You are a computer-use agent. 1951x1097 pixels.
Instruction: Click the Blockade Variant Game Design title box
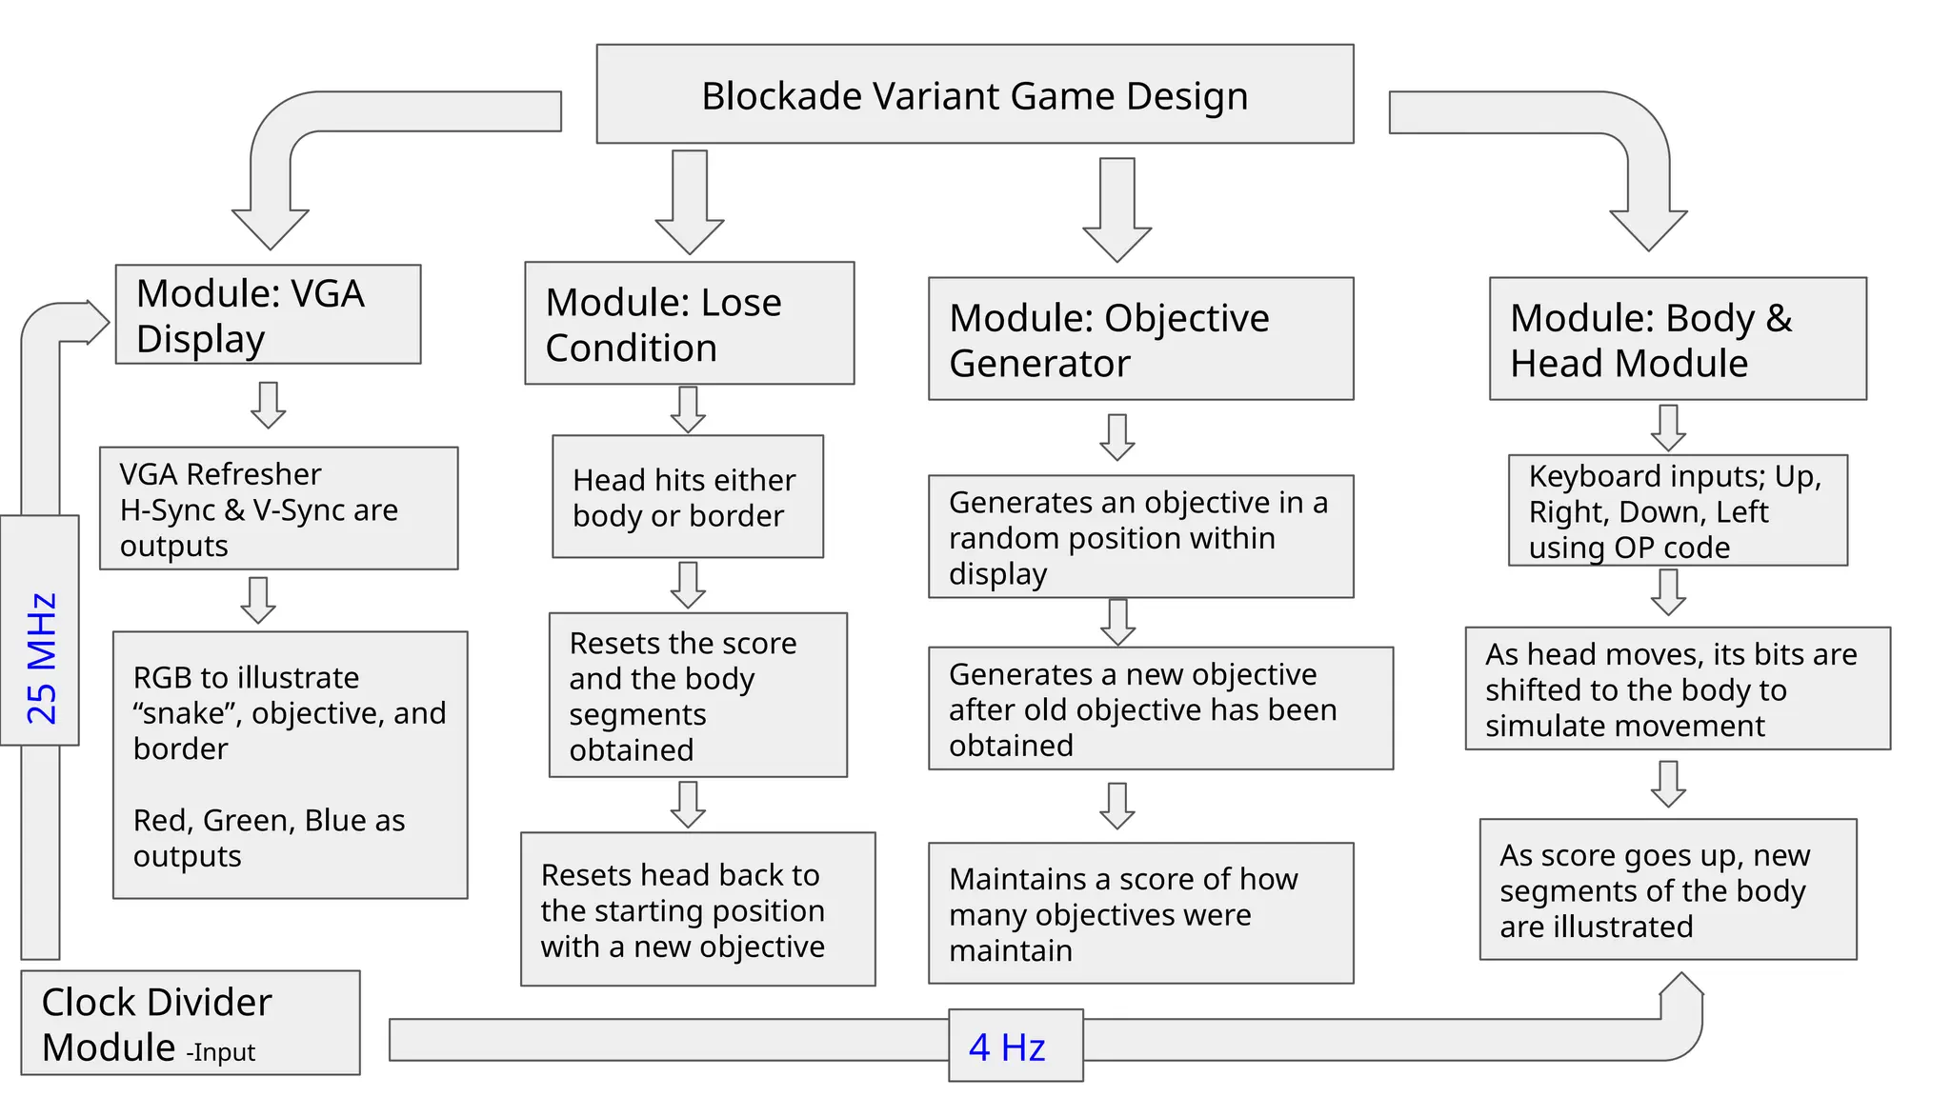975,94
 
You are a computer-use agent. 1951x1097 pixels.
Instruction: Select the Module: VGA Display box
268,314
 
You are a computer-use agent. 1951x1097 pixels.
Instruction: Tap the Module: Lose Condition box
689,324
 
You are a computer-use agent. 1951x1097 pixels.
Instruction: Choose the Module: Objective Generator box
1140,339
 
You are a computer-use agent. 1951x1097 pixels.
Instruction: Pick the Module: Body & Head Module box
1677,339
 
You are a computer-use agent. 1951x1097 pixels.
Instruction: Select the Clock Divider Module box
190,1023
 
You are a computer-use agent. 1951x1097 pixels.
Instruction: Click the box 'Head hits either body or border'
687,497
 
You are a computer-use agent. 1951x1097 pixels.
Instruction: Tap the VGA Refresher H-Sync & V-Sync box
278,509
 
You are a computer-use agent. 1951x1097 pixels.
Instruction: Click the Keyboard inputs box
1677,510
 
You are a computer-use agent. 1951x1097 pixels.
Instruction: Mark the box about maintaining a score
1140,913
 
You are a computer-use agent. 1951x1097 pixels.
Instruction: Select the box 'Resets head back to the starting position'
697,909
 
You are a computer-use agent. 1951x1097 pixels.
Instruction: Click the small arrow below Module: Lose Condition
688,409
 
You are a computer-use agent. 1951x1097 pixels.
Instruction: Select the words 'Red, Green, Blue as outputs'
269,838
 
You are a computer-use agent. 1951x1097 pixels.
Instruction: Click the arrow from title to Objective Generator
1116,209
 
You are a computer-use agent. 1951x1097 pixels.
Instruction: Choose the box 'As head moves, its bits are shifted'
1677,688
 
